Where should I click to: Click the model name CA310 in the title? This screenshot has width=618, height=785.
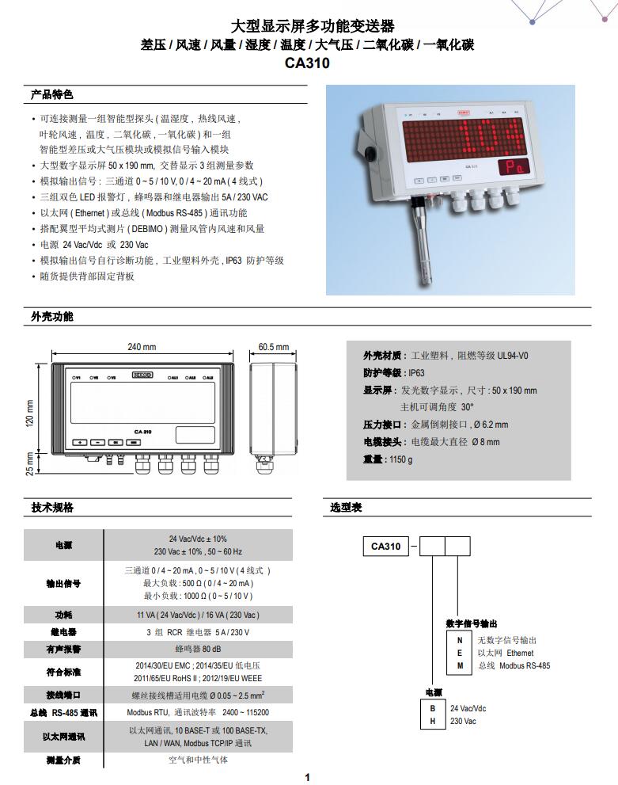click(x=307, y=63)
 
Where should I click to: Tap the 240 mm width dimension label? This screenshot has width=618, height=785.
click(x=142, y=347)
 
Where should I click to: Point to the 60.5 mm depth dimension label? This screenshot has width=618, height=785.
click(x=274, y=347)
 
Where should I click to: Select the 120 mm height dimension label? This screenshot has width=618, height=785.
click(x=30, y=413)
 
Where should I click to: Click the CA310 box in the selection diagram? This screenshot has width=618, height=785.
click(x=386, y=547)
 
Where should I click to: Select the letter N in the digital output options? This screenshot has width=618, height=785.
click(x=460, y=640)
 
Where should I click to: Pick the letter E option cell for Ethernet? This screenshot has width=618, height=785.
click(x=460, y=653)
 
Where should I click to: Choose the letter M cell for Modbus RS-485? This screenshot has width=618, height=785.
click(x=460, y=665)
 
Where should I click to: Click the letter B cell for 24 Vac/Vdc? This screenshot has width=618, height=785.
click(x=432, y=708)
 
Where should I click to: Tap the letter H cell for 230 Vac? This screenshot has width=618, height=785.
click(x=432, y=721)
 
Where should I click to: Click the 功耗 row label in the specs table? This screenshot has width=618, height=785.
click(x=63, y=615)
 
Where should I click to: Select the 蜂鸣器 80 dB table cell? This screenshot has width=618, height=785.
click(x=198, y=649)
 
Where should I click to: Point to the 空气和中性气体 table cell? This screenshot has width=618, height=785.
click(x=198, y=760)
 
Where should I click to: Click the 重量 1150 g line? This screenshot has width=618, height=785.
click(x=388, y=459)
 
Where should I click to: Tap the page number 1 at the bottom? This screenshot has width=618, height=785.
click(x=308, y=777)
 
